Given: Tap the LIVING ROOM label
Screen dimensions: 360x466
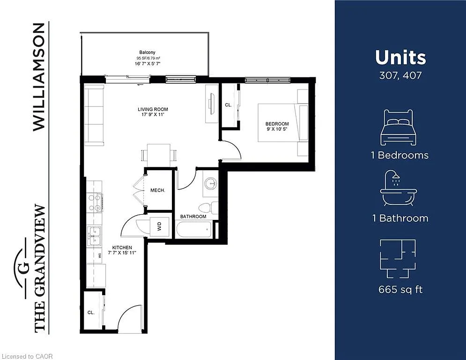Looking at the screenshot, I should coord(153,110).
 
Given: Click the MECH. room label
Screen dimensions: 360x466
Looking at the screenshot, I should coord(157,191).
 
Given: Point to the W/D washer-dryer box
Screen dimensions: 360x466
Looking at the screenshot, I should coord(159,227).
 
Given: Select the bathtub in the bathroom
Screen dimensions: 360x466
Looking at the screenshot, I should coord(194,230).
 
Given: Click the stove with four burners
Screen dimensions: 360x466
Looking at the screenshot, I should coord(95,202).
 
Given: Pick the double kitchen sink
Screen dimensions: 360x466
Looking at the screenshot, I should coord(94,235).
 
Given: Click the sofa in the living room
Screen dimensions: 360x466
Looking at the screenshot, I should coord(93,115).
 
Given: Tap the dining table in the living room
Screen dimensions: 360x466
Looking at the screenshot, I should coord(158,155).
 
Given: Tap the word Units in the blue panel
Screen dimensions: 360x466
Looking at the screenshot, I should coord(400,58).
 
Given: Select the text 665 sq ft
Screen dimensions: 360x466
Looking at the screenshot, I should coord(400,290).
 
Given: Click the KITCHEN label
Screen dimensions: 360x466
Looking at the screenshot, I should coord(122,247).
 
